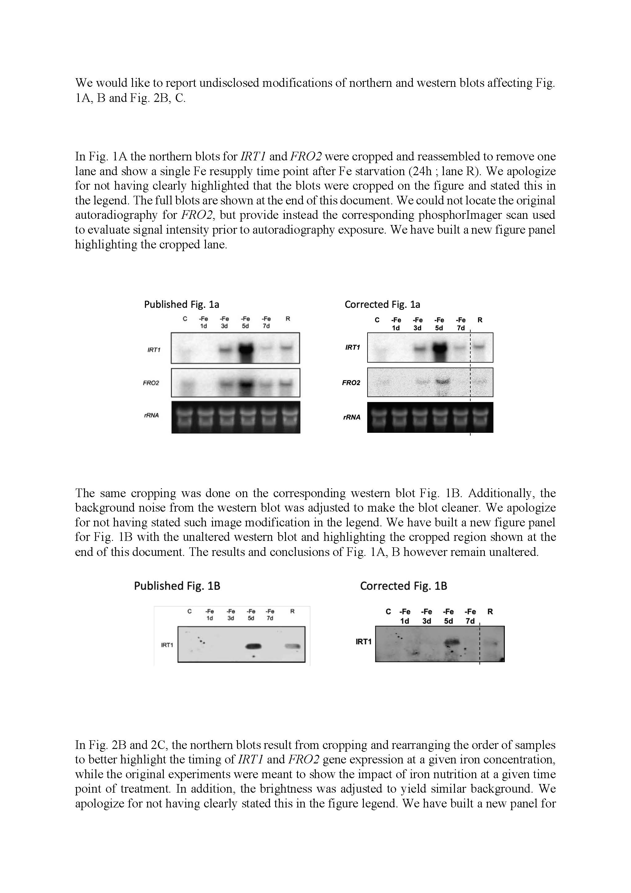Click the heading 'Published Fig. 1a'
click(181, 304)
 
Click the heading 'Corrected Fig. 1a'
click(382, 304)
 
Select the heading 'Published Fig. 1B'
click(177, 586)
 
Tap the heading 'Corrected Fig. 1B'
click(404, 586)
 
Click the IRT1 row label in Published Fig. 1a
click(154, 350)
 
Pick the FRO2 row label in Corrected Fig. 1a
click(351, 383)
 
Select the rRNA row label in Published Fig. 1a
click(151, 415)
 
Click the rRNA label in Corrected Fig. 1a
click(352, 417)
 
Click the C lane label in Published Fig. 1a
click(185, 319)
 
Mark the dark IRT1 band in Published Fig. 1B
click(253, 646)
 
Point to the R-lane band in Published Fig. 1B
click(292, 646)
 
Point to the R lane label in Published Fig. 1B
click(292, 611)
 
